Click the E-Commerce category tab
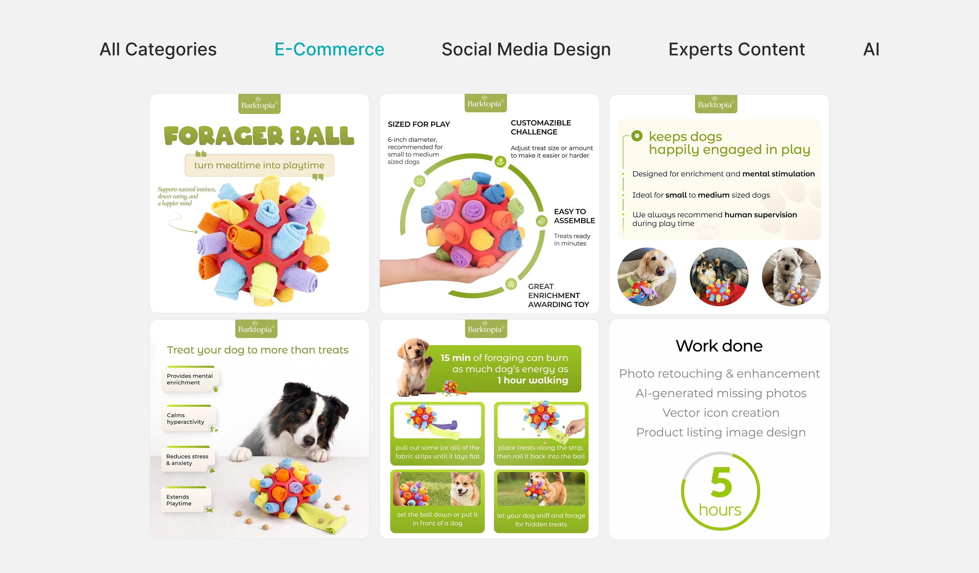329,49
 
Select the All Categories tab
158,49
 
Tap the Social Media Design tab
526,49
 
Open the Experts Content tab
737,49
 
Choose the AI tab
871,49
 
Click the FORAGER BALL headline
259,136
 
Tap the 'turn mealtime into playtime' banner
259,165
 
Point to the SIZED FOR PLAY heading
419,124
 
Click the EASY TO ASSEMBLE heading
574,216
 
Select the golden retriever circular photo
647,277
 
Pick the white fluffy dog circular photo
791,277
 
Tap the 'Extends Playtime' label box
186,500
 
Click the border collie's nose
309,441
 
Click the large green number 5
721,482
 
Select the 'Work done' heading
719,346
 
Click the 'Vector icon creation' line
721,413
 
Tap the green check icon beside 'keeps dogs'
637,136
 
